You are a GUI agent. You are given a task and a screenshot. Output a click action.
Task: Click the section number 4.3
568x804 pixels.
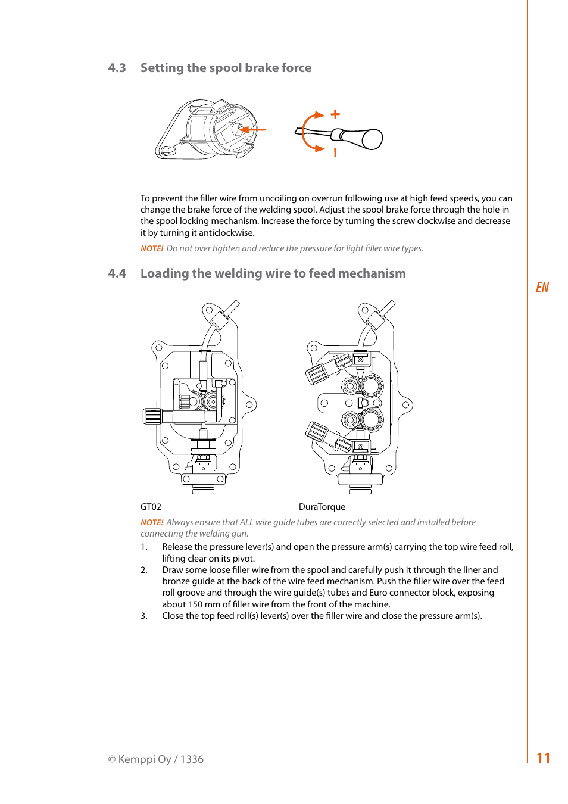pyautogui.click(x=117, y=68)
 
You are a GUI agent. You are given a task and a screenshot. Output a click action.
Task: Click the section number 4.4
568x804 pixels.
pyautogui.click(x=117, y=273)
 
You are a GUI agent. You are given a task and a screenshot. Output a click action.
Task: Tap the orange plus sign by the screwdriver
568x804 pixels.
pyautogui.click(x=335, y=114)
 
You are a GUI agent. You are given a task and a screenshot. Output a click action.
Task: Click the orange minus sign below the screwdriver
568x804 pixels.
pyautogui.click(x=335, y=152)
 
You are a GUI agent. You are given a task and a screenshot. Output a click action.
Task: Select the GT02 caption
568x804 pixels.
pyautogui.click(x=151, y=507)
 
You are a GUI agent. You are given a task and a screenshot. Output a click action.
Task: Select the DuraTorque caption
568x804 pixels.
pyautogui.click(x=322, y=507)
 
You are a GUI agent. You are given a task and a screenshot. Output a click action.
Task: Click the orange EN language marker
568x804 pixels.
pyautogui.click(x=542, y=288)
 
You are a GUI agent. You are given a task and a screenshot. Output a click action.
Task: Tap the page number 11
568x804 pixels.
pyautogui.click(x=543, y=758)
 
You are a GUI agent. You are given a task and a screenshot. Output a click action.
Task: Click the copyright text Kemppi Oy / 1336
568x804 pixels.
pyautogui.click(x=156, y=759)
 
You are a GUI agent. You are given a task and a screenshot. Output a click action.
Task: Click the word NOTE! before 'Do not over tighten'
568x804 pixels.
pyautogui.click(x=152, y=248)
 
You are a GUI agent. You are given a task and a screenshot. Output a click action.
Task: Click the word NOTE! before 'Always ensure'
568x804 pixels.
pyautogui.click(x=152, y=522)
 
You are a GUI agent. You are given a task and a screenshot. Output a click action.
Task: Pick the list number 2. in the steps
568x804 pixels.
pyautogui.click(x=144, y=570)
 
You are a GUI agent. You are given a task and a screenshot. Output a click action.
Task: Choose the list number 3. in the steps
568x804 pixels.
pyautogui.click(x=144, y=616)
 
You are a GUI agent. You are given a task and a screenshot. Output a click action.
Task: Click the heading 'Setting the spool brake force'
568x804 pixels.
pyautogui.click(x=226, y=68)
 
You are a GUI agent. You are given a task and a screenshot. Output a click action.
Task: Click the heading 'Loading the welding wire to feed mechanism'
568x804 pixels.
pyautogui.click(x=273, y=273)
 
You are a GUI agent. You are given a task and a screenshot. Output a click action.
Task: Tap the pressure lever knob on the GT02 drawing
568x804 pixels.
pyautogui.click(x=152, y=416)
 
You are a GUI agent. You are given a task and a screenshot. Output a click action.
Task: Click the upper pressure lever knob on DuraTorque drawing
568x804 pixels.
pyautogui.click(x=316, y=373)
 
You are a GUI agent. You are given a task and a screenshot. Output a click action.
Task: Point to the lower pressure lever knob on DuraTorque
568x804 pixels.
pyautogui.click(x=316, y=432)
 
